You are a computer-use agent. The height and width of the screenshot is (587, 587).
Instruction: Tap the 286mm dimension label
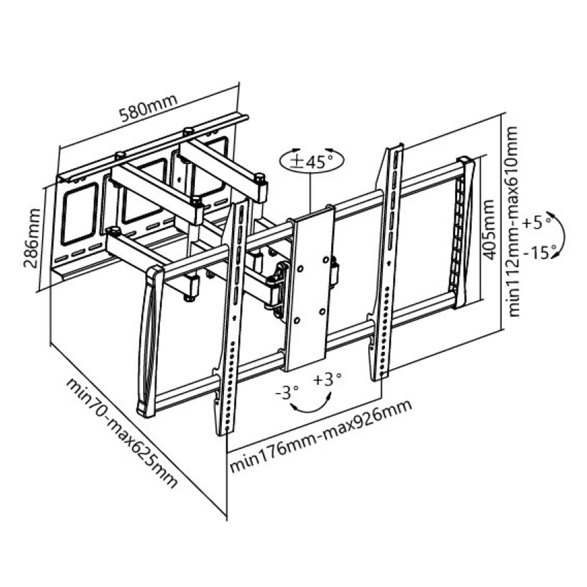coord(32,238)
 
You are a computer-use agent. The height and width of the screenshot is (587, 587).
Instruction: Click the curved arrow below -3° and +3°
coord(310,411)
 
